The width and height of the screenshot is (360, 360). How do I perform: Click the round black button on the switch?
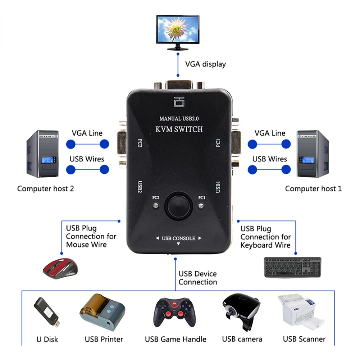[x=177, y=205]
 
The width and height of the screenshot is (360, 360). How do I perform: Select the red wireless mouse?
[x=60, y=268]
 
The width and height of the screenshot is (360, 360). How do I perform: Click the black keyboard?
[x=292, y=267]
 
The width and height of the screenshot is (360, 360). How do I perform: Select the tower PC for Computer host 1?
[x=312, y=154]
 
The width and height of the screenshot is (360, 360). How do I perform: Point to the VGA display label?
[x=205, y=64]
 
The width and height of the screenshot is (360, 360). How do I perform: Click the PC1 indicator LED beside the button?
[x=201, y=206]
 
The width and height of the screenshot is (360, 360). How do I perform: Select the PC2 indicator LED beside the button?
[x=155, y=206]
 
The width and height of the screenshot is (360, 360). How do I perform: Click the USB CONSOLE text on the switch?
[x=178, y=238]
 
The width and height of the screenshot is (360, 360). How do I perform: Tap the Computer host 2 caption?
[x=46, y=188]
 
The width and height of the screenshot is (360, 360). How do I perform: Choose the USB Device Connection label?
[x=198, y=278]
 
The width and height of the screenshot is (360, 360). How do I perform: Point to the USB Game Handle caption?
[x=176, y=339]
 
